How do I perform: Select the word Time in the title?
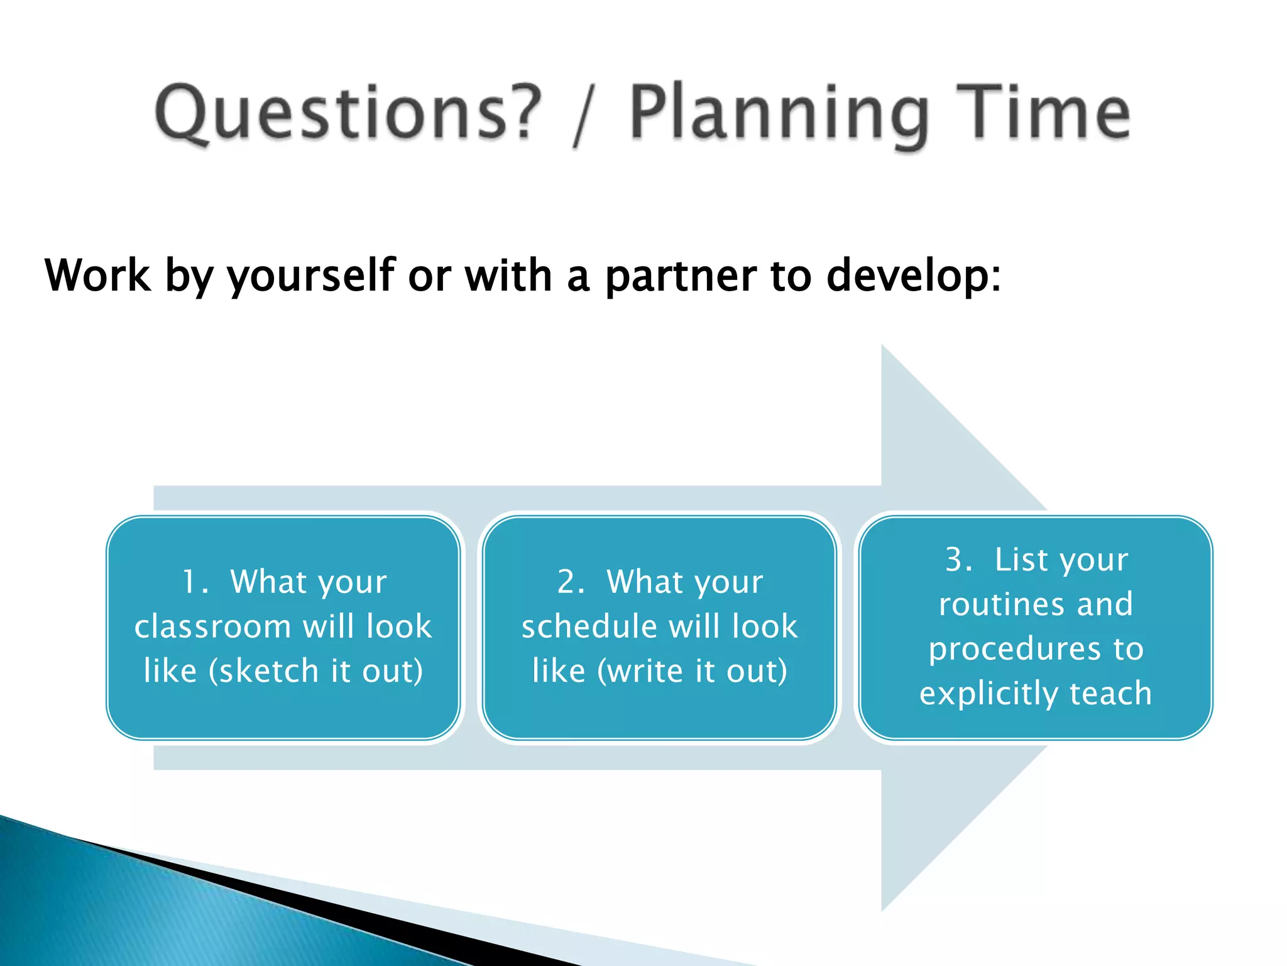[1043, 113]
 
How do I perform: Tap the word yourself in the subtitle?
[310, 277]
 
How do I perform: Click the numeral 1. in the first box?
[195, 582]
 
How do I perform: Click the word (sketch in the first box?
[264, 671]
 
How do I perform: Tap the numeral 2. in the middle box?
[571, 582]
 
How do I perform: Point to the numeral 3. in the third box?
[959, 560]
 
